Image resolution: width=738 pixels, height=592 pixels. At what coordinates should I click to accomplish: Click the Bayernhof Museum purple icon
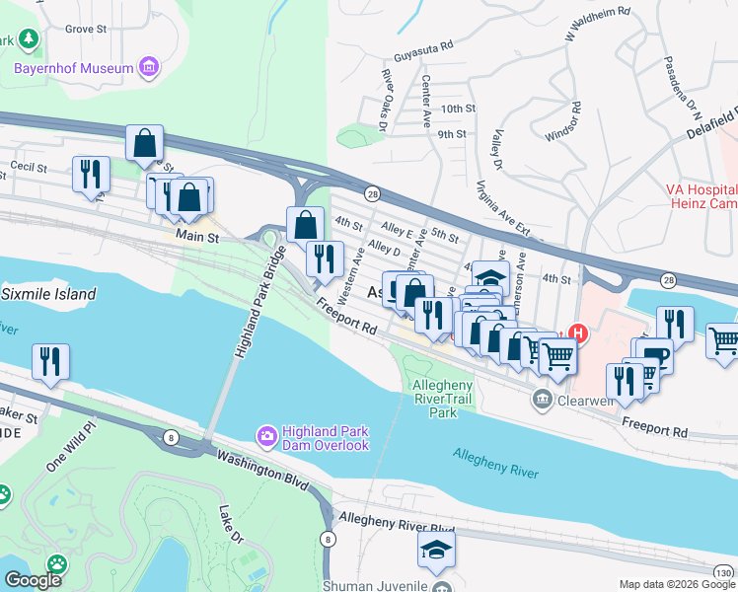[149, 68]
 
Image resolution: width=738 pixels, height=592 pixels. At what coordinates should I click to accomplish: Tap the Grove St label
[86, 30]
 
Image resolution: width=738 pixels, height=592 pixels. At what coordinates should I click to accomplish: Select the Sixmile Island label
[49, 294]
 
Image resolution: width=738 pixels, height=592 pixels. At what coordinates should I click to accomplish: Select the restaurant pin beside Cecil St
[91, 175]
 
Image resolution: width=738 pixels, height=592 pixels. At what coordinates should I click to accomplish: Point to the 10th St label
[459, 109]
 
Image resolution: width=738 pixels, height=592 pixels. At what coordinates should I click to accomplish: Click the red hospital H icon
[580, 335]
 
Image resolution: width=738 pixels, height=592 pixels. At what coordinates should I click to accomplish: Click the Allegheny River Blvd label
[396, 521]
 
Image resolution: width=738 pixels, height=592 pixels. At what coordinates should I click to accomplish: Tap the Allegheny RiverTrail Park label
[449, 398]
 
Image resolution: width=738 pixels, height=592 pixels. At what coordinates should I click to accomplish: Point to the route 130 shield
[724, 573]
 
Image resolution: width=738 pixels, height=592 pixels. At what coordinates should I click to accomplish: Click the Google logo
[34, 580]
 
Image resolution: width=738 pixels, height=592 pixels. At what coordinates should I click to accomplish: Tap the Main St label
[196, 237]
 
